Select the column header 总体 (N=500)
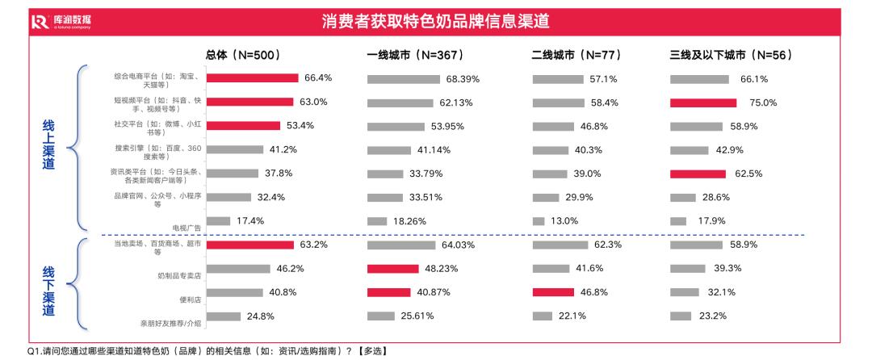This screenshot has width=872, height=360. point(243,55)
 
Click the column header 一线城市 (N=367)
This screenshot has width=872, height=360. point(411,55)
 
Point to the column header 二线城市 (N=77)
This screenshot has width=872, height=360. point(575,55)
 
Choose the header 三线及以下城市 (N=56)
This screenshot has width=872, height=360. point(730,55)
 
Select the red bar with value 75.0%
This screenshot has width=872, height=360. point(703,103)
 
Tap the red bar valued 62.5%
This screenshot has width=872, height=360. point(698,174)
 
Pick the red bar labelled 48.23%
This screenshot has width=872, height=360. point(393,268)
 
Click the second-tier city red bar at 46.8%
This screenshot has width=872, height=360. point(553,292)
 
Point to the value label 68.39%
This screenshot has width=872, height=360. point(463,79)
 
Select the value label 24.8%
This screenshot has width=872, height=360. point(260,316)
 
